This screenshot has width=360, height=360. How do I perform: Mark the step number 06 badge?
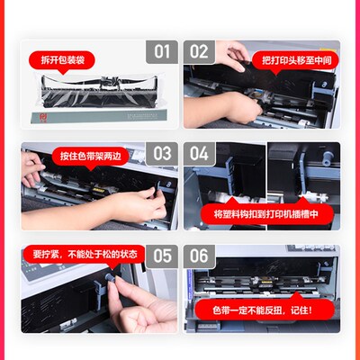pyautogui.click(x=200, y=256)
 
